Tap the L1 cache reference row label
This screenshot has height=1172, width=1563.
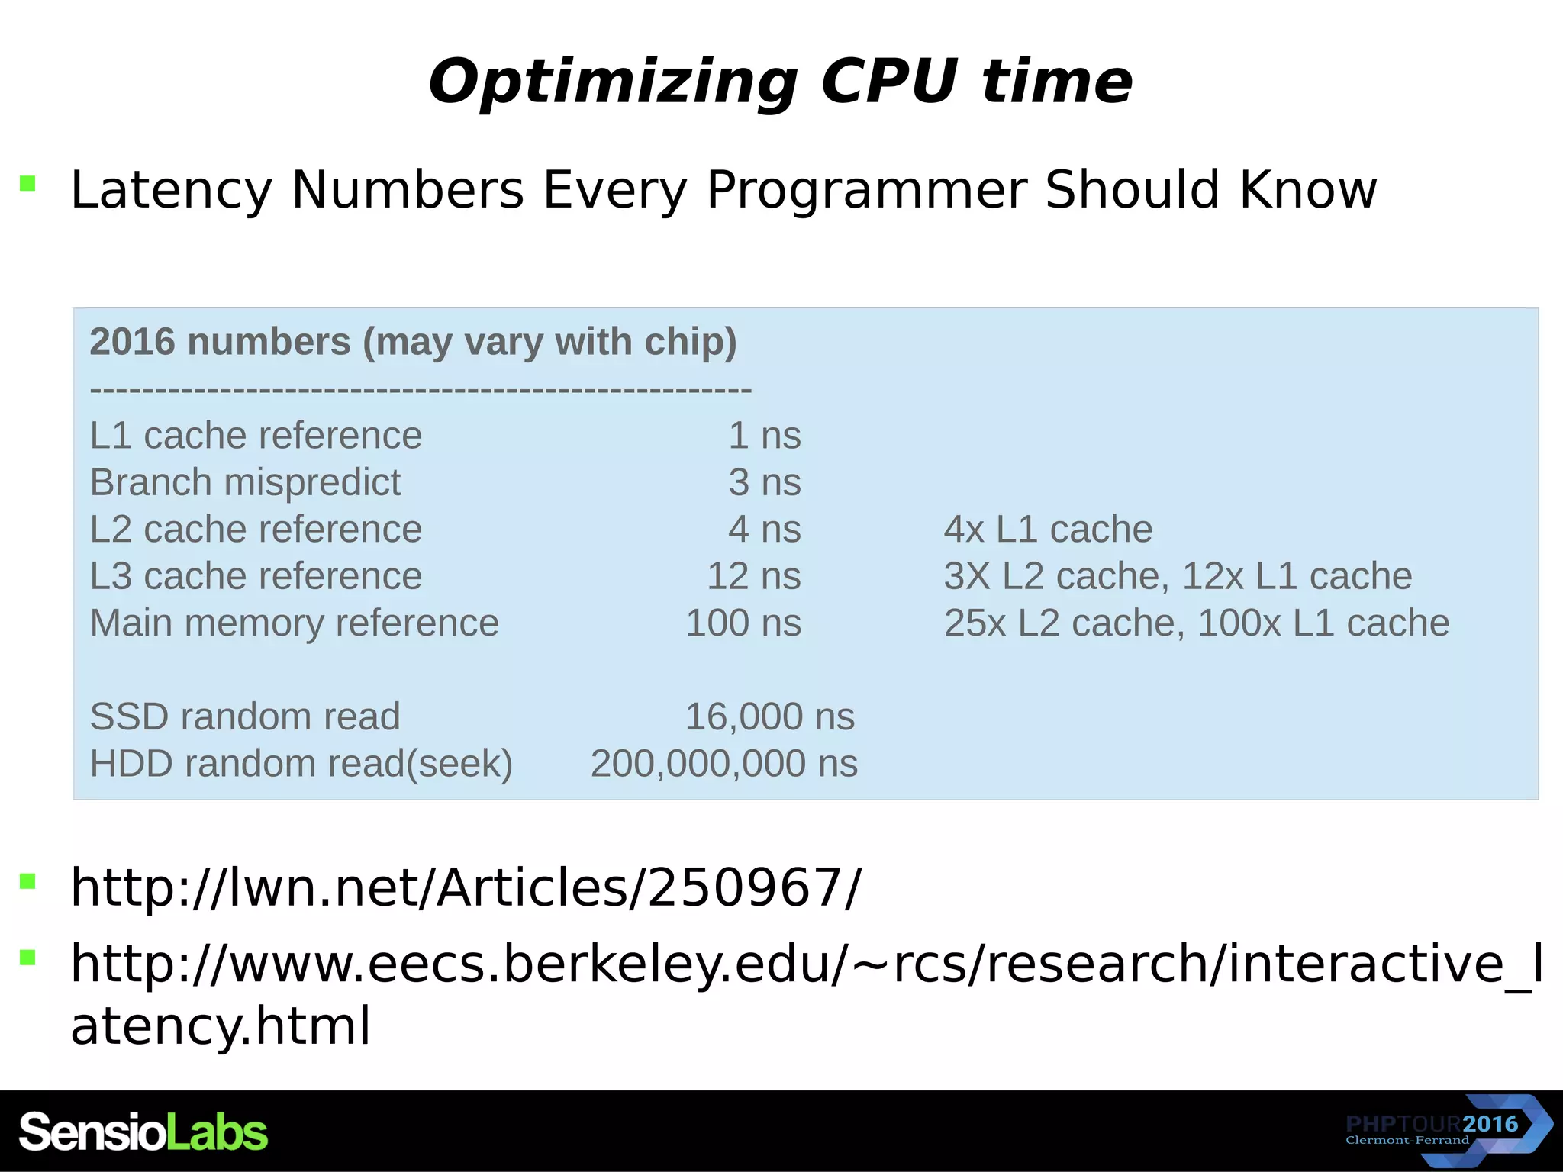click(x=256, y=436)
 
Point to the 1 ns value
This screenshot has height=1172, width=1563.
click(x=764, y=436)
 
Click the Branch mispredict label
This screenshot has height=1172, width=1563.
click(x=245, y=482)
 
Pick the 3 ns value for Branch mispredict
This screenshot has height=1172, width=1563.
click(x=764, y=482)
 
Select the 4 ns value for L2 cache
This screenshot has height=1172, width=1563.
click(x=764, y=530)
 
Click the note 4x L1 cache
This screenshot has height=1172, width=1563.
click(x=1047, y=530)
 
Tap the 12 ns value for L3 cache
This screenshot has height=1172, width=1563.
click(x=753, y=576)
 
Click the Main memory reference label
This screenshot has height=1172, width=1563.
click(x=294, y=623)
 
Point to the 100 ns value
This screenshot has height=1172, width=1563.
click(x=743, y=623)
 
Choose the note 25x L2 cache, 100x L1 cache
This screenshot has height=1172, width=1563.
click(x=1196, y=623)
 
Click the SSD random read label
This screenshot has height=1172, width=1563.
click(x=245, y=717)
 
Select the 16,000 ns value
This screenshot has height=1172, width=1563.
click(x=769, y=717)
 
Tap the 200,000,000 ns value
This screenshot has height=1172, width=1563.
click(x=723, y=764)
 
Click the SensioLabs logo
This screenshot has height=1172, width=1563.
click(x=143, y=1132)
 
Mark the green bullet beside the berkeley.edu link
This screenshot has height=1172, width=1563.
click(x=28, y=958)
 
